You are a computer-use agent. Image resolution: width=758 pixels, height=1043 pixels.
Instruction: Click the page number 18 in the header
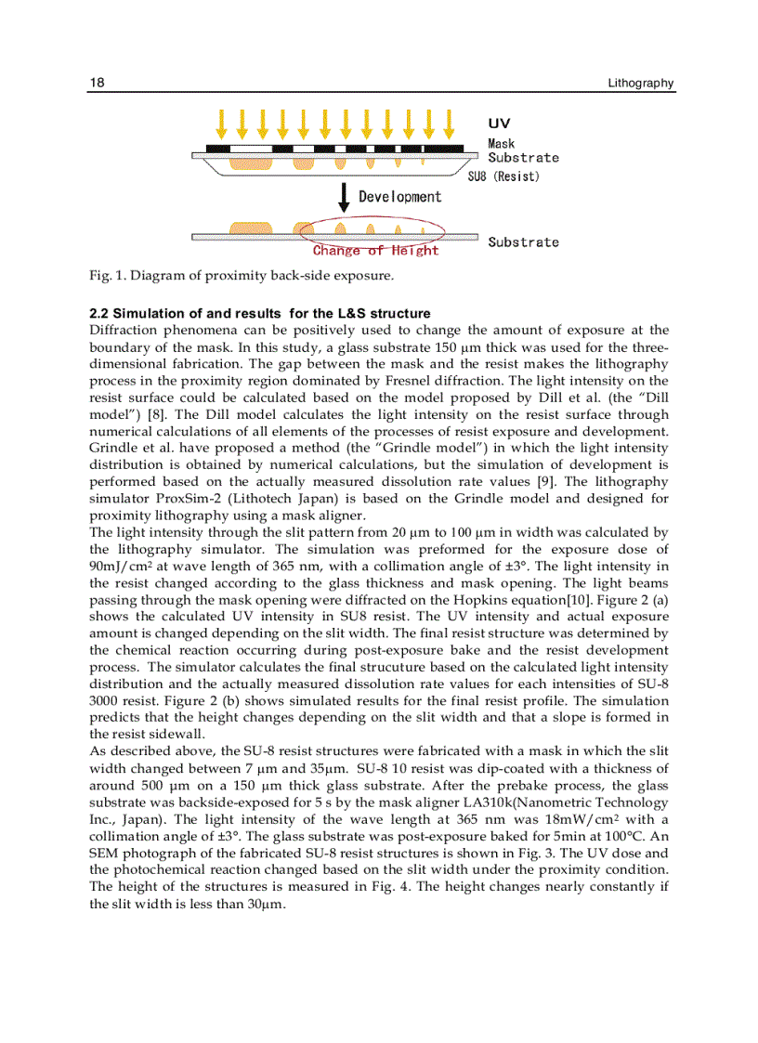coord(97,84)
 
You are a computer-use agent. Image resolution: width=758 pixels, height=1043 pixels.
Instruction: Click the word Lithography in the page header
coord(640,84)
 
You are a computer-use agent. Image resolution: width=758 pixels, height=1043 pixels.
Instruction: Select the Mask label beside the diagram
coord(502,144)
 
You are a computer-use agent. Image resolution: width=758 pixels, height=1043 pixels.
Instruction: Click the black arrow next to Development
coord(345,197)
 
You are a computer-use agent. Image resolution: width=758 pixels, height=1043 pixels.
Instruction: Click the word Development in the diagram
coord(400,197)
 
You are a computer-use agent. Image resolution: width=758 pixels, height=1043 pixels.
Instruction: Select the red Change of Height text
coord(375,251)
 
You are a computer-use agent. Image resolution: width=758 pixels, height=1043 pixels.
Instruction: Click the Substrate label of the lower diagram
coord(524,242)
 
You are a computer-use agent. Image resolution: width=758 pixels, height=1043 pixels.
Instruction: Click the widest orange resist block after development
coord(249,229)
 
